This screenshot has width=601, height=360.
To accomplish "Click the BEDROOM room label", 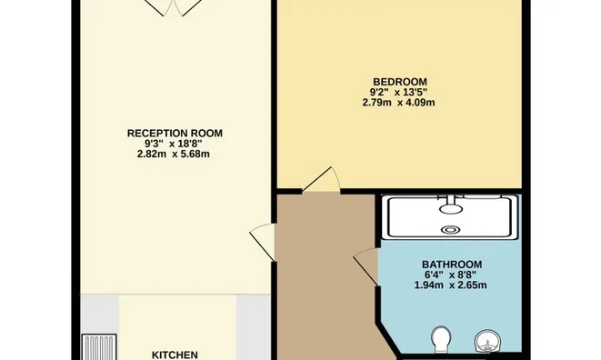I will point(400,82).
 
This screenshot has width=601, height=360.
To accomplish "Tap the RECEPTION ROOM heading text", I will point(175,134).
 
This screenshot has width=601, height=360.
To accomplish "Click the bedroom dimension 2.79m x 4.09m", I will point(400,103).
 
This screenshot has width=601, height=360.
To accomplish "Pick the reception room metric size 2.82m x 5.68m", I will point(175,154).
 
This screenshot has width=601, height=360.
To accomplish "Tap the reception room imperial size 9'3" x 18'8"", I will point(175,144).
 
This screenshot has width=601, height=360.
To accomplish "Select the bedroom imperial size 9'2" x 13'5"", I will point(400,92).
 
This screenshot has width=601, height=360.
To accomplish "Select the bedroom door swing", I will point(321,181).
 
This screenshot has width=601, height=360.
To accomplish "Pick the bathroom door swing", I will point(366,266).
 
